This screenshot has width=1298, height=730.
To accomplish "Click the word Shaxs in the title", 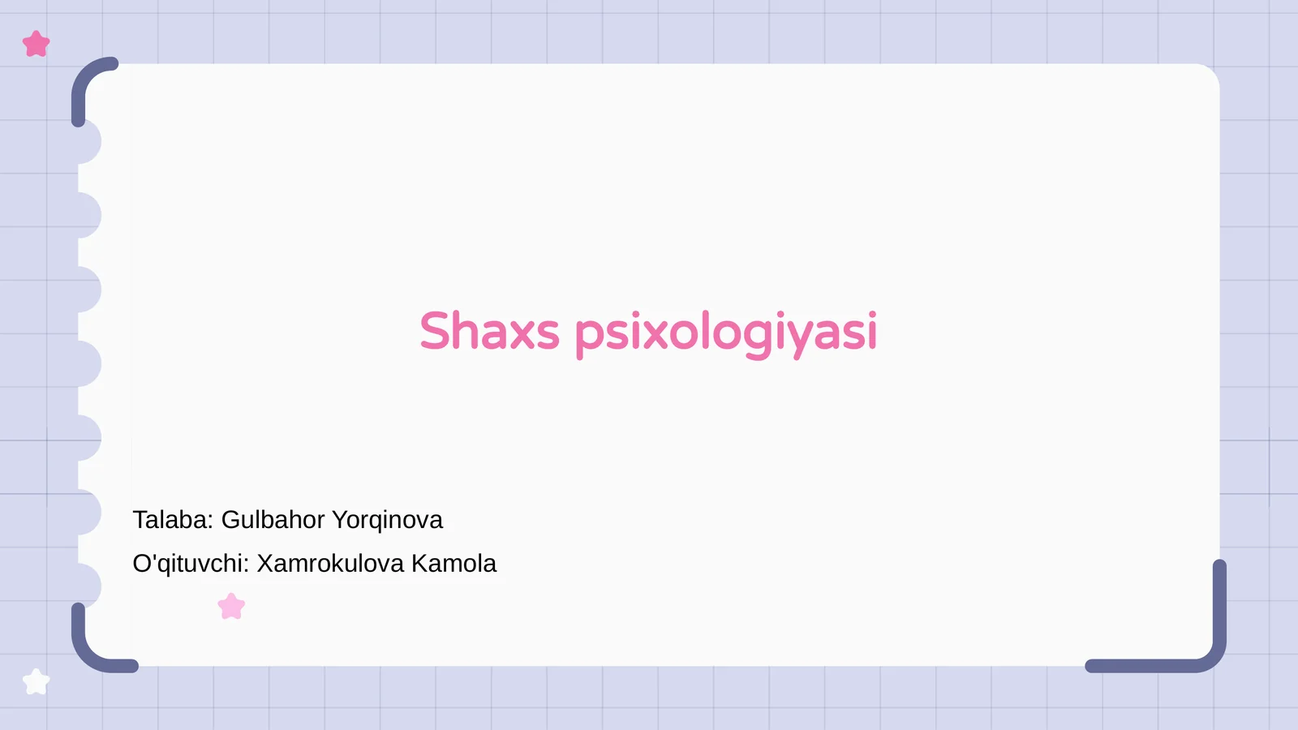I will [489, 332].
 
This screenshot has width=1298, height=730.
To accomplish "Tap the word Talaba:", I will [173, 520].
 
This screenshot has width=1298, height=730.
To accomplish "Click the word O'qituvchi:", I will [191, 564].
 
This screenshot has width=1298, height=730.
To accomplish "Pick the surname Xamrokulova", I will [330, 564].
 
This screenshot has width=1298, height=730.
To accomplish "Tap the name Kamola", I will [453, 564].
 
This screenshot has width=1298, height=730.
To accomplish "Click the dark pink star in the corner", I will [37, 44].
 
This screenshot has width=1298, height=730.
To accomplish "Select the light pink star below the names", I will [231, 607].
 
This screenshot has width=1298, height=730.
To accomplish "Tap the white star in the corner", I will [36, 682].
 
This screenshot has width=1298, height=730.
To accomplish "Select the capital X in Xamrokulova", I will [265, 564].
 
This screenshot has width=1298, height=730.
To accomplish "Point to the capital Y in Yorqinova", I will [340, 520].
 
